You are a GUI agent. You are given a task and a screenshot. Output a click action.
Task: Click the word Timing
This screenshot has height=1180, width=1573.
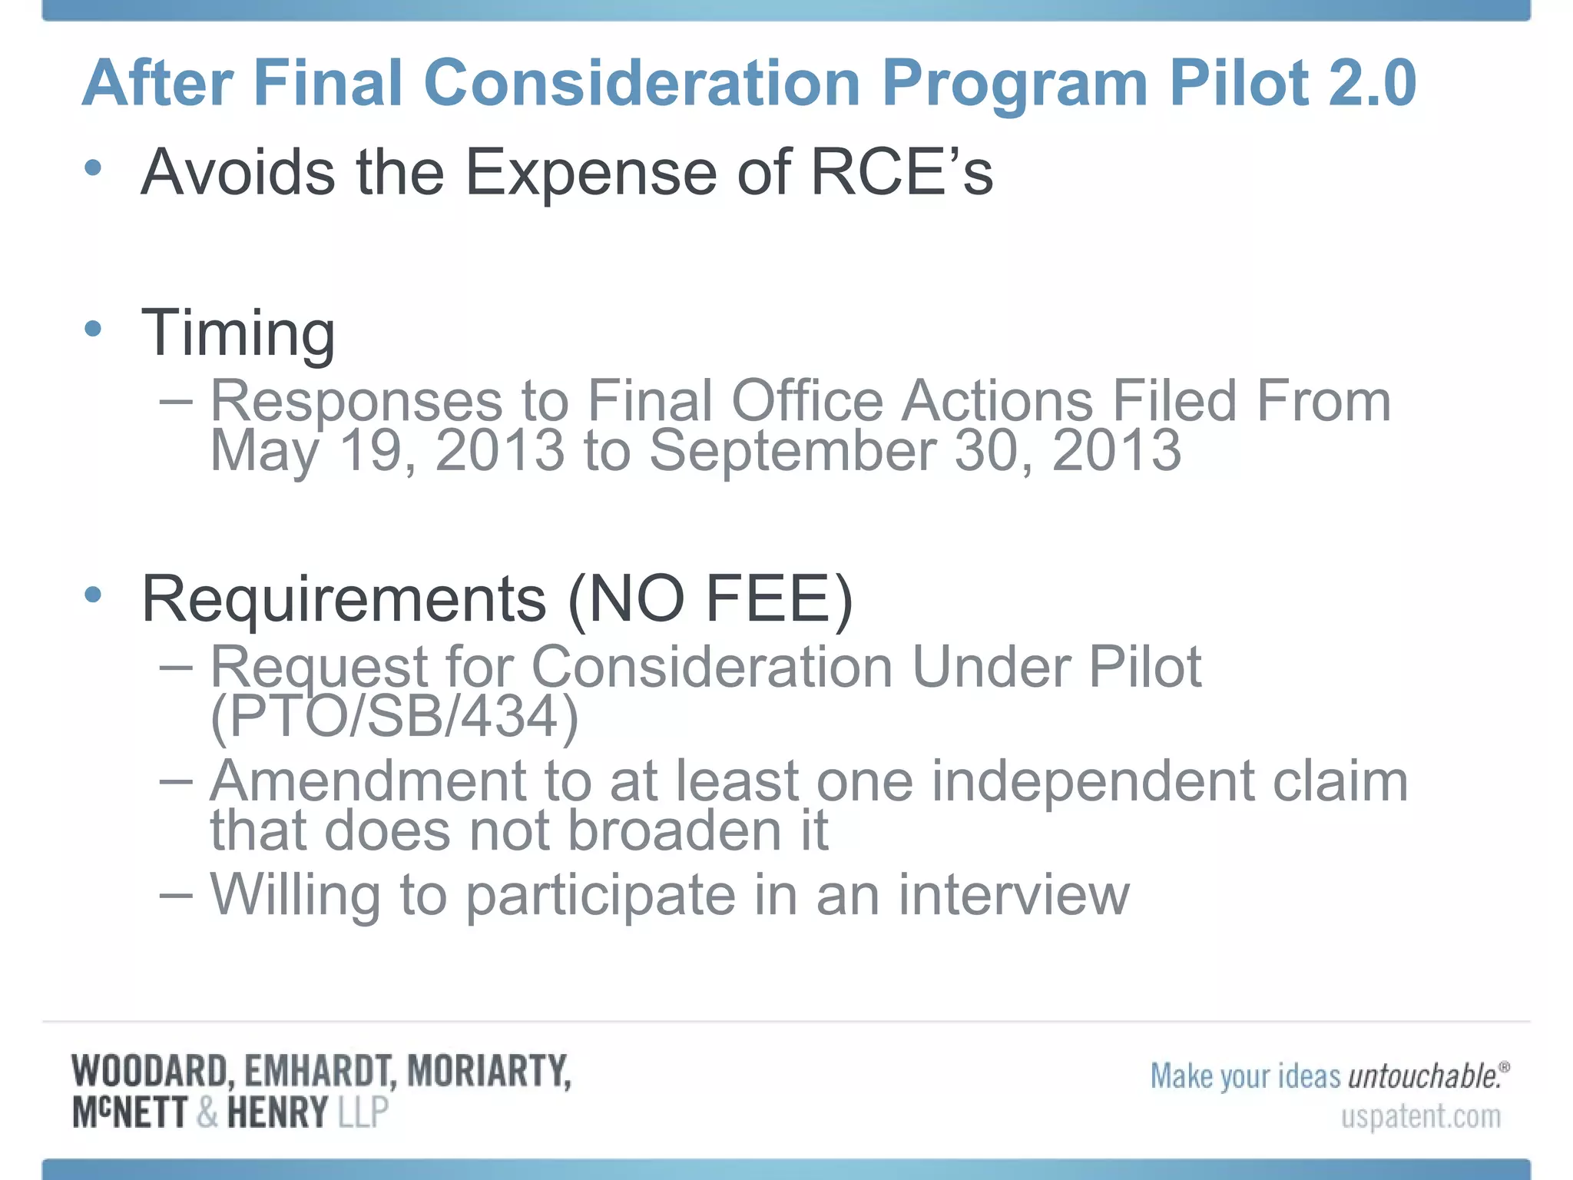(x=238, y=333)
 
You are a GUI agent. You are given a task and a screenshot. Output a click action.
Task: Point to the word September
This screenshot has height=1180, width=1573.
(x=792, y=450)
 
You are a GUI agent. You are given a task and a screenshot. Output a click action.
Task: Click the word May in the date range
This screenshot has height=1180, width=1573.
(x=263, y=452)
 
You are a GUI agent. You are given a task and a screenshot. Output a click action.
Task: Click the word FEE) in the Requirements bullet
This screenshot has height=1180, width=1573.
(x=779, y=599)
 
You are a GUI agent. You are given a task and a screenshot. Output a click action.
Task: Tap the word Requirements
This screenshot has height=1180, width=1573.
(x=343, y=599)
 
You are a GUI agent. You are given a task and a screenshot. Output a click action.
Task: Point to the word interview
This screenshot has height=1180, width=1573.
(x=1013, y=895)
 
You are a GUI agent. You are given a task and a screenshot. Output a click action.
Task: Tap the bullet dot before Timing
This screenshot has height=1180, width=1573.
(x=93, y=330)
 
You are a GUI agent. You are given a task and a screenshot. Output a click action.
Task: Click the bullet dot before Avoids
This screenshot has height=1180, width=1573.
(x=93, y=167)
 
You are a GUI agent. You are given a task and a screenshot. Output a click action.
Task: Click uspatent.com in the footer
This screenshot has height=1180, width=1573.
(x=1420, y=1116)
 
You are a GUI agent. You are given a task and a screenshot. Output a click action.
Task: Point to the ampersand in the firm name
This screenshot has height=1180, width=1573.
(x=207, y=1113)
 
